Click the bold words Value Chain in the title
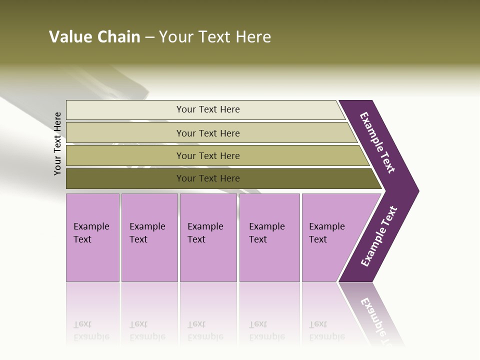[94, 37]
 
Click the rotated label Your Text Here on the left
[57, 143]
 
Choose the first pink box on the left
[92, 237]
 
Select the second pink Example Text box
[149, 237]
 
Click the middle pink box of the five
[208, 237]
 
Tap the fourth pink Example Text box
[269, 237]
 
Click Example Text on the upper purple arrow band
[377, 142]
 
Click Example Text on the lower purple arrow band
[379, 236]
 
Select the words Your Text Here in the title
[215, 37]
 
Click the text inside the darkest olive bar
[208, 178]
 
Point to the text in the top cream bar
[208, 109]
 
